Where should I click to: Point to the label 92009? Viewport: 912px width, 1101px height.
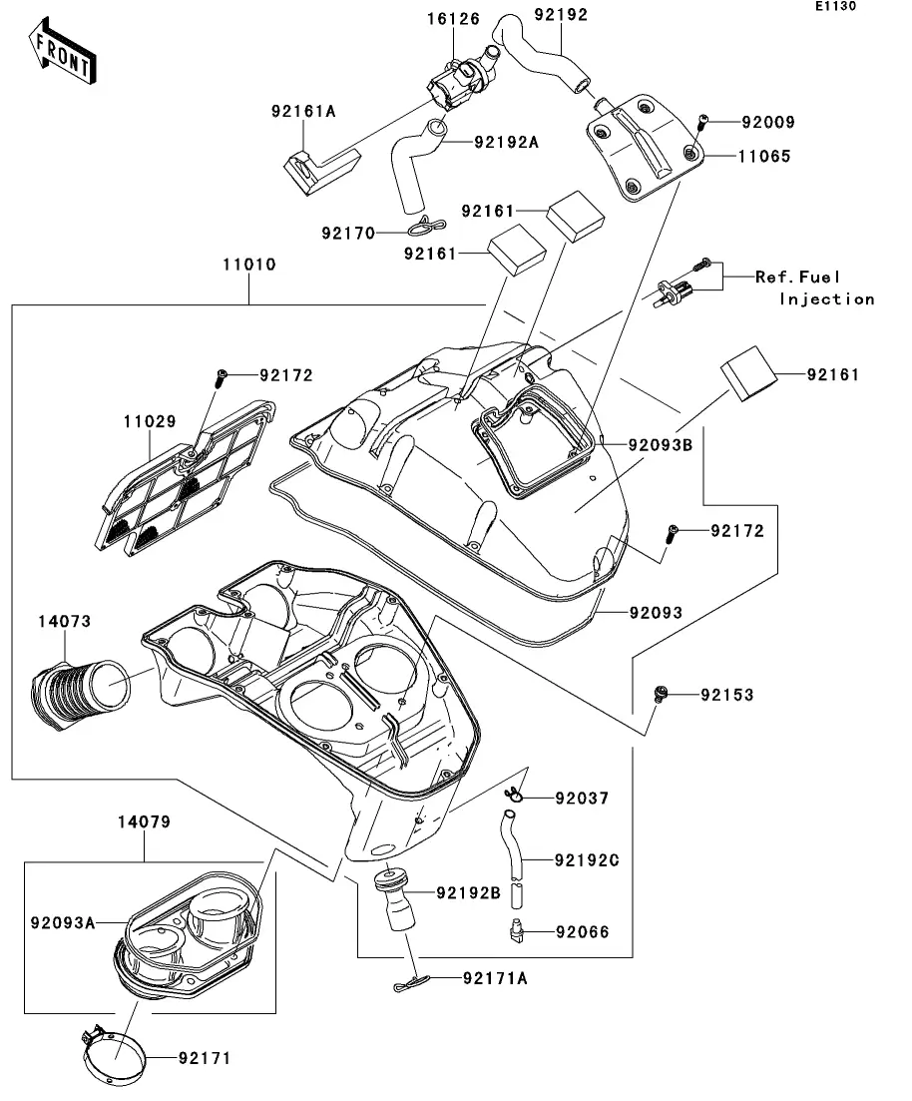click(767, 123)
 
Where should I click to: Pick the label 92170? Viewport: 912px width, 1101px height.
click(348, 233)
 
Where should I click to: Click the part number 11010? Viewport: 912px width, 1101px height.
click(248, 266)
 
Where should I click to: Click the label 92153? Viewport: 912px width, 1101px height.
click(727, 694)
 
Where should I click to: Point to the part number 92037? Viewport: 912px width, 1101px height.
click(582, 799)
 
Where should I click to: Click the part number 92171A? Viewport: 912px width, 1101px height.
click(495, 979)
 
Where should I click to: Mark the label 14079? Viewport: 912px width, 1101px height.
click(144, 823)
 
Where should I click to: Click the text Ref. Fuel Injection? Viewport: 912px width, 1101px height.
click(813, 287)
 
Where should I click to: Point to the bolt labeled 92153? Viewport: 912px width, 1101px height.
click(659, 692)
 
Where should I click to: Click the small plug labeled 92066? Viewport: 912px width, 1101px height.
click(516, 931)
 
